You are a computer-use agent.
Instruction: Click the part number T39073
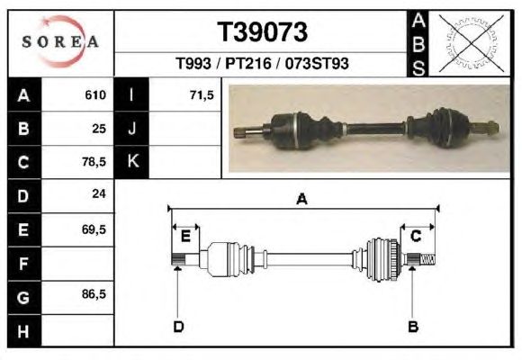[262, 32]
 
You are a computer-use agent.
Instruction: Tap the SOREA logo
[60, 41]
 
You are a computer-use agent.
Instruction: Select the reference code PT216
[248, 63]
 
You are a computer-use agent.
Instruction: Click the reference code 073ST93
[317, 63]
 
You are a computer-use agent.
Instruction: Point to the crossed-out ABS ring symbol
[471, 43]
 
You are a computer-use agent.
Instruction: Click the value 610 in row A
[95, 94]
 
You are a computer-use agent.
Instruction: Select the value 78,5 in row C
[94, 162]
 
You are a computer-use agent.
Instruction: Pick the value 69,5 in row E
[94, 229]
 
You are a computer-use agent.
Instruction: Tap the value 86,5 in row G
[94, 294]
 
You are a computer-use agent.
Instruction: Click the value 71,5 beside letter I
[202, 95]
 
